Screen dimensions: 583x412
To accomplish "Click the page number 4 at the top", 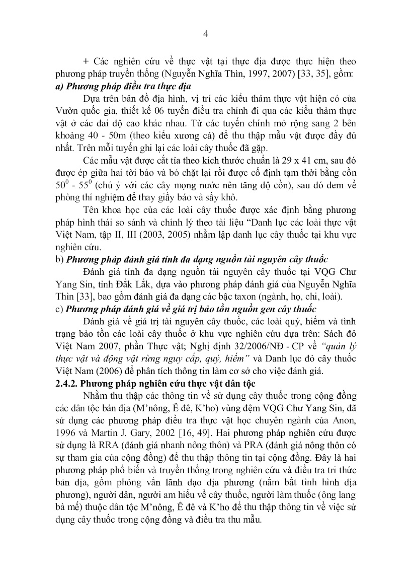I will click(205, 34).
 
